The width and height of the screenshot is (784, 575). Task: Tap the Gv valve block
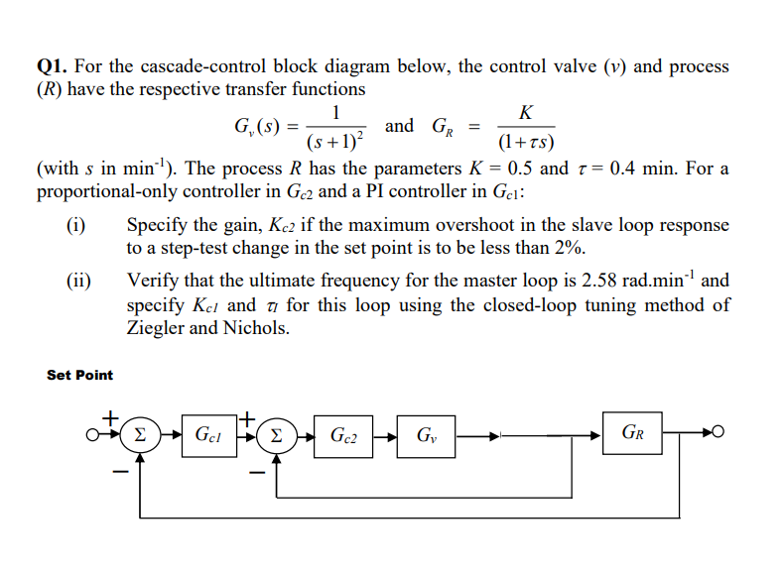coord(425,433)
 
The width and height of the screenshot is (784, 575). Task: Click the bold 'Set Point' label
coord(79,375)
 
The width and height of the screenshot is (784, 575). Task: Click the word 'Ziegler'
coord(157,328)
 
